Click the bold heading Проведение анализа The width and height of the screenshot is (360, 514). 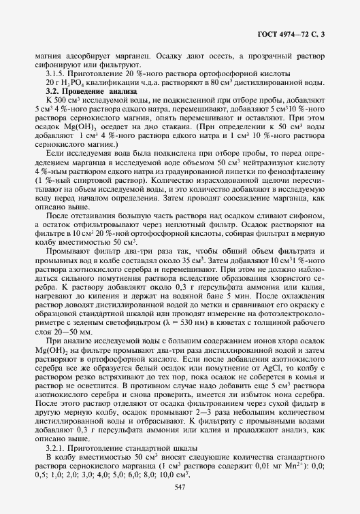coord(99,90)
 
